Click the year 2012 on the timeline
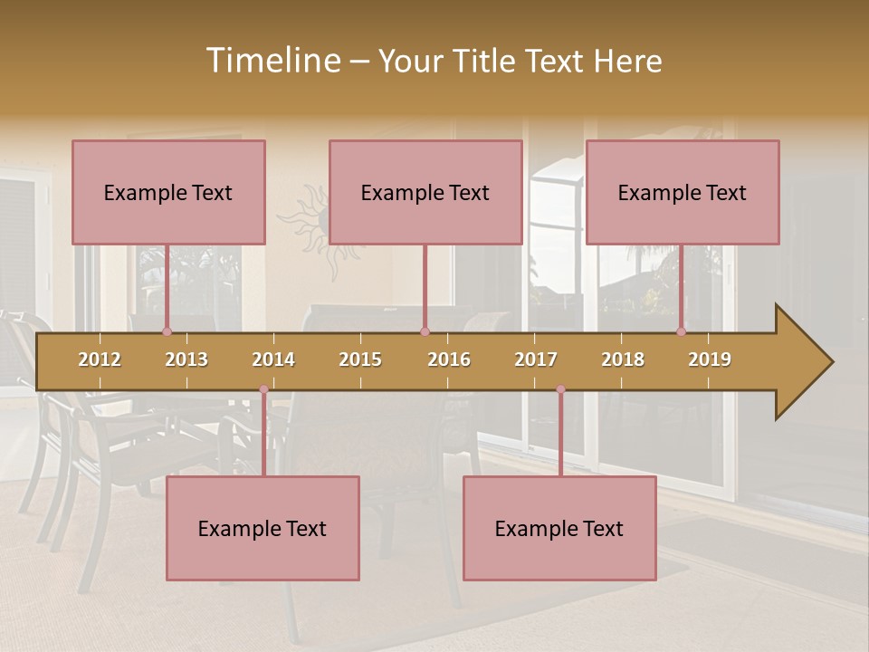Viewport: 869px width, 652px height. click(100, 360)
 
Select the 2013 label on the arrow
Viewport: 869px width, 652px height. click(186, 360)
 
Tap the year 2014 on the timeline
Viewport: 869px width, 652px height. click(273, 360)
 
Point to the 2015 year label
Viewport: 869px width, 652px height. click(360, 360)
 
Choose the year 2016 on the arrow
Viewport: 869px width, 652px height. click(449, 360)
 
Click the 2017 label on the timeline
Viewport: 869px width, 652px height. click(536, 360)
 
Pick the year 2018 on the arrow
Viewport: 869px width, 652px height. click(623, 360)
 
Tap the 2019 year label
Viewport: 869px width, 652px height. click(710, 360)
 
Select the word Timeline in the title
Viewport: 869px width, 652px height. click(272, 61)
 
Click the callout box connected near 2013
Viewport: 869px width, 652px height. click(168, 192)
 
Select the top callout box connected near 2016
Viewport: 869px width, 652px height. click(425, 192)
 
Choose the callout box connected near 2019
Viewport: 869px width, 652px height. click(683, 192)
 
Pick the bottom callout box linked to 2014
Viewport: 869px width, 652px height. click(263, 528)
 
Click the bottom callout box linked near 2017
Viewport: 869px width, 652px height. click(559, 528)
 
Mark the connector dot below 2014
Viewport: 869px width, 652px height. click(264, 389)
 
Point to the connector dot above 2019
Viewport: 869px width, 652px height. click(681, 331)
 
